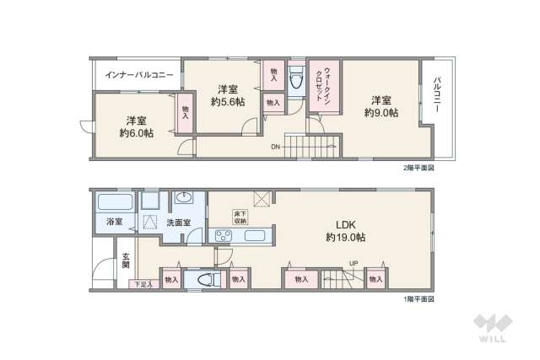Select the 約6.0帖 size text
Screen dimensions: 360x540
(136, 133)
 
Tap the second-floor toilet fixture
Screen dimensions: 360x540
(296, 83)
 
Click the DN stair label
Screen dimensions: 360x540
(275, 147)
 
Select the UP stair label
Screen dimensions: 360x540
(354, 263)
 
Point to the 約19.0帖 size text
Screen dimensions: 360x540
(346, 238)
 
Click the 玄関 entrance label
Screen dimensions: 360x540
(126, 260)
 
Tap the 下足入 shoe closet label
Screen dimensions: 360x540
(143, 285)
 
